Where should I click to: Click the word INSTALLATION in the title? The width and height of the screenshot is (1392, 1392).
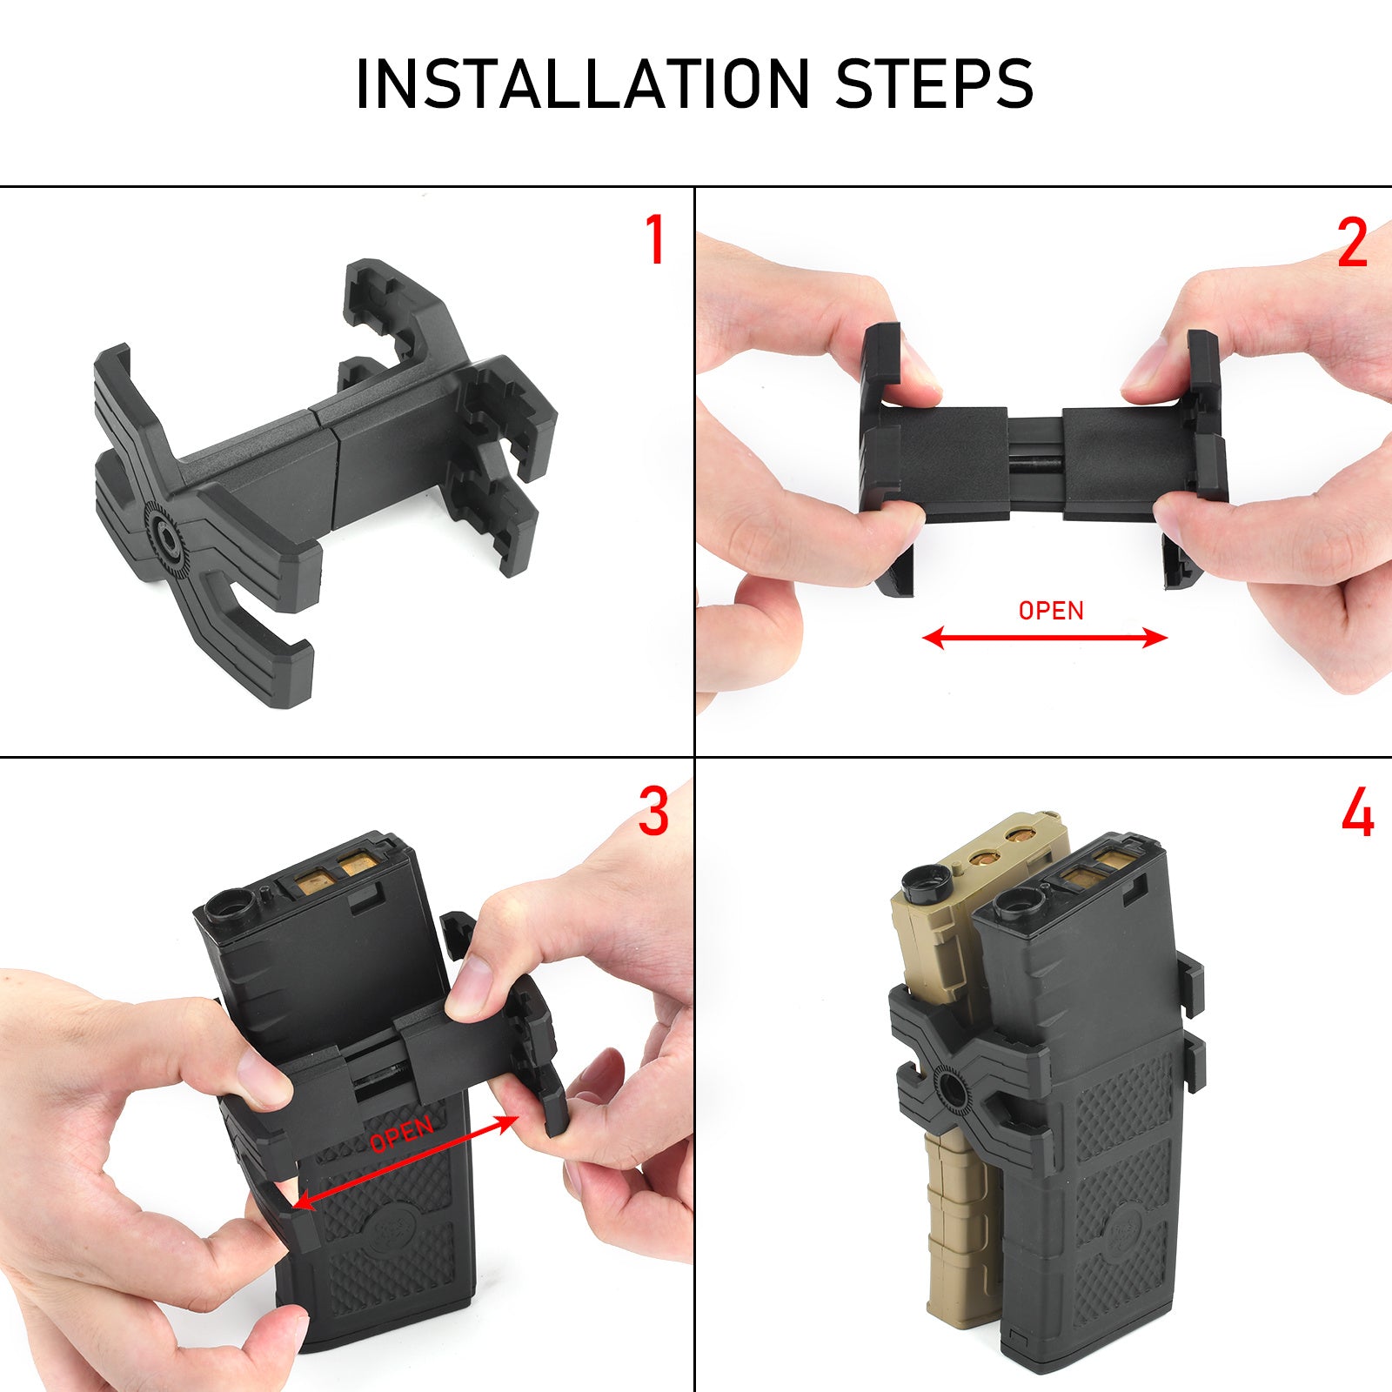click(582, 84)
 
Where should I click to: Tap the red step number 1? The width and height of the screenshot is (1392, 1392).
click(655, 240)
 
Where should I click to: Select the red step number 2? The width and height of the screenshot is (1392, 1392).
click(1352, 243)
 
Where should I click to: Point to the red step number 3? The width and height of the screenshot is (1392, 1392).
click(653, 811)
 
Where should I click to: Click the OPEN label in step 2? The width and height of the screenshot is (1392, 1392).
click(1051, 611)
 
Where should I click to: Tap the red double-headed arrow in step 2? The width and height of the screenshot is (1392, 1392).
click(1044, 639)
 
